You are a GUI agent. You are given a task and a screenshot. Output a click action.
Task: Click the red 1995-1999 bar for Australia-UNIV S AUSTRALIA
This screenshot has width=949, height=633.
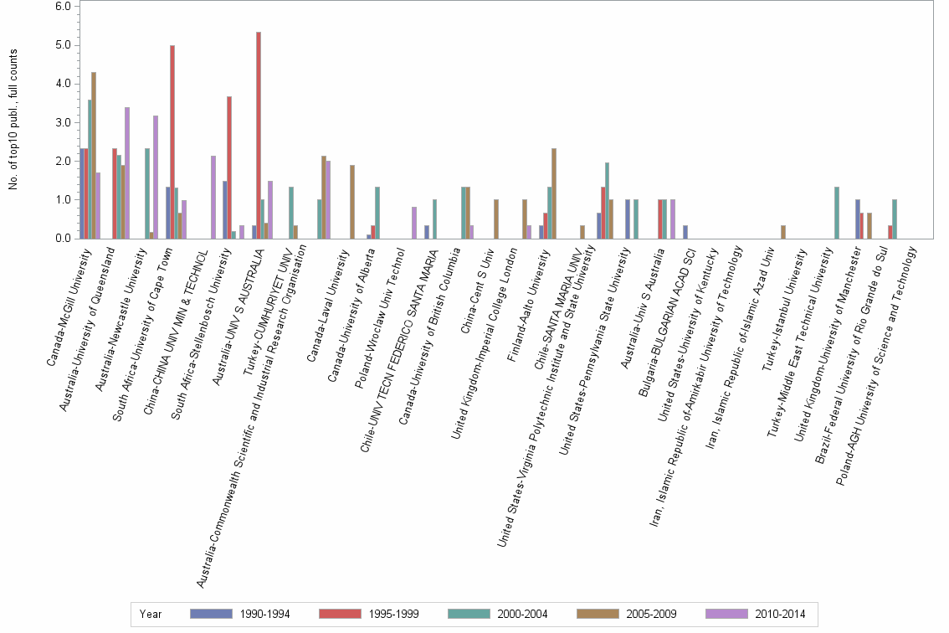259,135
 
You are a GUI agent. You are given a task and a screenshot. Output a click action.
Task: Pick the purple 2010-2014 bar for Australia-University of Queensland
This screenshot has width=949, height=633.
127,172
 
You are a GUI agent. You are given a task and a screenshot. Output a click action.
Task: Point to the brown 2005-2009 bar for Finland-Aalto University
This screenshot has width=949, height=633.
554,193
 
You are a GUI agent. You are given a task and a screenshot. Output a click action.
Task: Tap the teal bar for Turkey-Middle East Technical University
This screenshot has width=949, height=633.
837,213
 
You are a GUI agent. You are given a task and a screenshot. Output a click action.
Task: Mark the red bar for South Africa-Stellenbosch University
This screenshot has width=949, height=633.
229,167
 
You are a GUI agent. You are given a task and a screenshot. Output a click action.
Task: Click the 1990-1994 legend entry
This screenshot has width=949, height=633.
240,615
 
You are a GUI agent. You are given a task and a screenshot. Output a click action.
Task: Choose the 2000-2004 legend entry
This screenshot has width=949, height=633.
499,615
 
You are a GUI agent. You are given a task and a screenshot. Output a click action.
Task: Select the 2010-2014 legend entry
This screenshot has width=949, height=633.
757,615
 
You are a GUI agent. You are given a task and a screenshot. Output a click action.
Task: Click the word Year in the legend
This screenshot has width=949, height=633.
151,615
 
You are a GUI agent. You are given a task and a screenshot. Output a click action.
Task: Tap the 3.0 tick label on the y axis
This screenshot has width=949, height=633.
64,123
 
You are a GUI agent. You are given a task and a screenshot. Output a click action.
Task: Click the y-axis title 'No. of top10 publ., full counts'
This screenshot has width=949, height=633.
14,120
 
